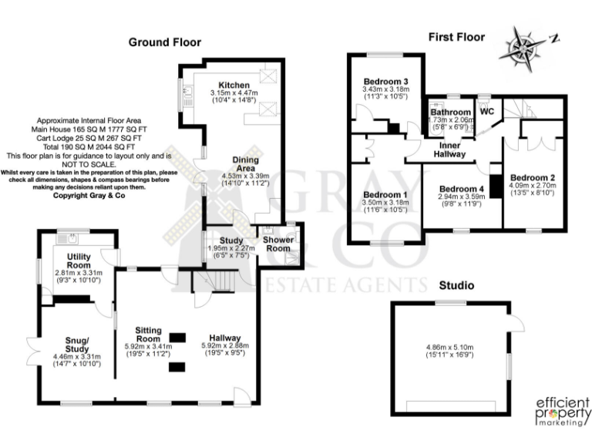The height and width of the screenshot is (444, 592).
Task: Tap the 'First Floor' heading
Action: [x=456, y=36]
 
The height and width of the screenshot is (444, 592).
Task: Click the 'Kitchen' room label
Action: [x=234, y=85]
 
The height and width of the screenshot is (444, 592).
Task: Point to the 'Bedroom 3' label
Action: [x=385, y=82]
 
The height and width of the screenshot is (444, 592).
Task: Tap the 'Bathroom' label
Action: [x=450, y=113]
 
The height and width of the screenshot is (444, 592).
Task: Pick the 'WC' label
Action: [x=486, y=111]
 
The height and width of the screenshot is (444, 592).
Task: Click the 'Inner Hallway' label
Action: [x=453, y=150]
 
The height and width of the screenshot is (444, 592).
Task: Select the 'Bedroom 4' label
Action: [x=461, y=189]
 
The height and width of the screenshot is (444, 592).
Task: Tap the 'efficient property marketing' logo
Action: [x=562, y=412]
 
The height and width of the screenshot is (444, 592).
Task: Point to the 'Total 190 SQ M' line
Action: [x=86, y=146]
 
